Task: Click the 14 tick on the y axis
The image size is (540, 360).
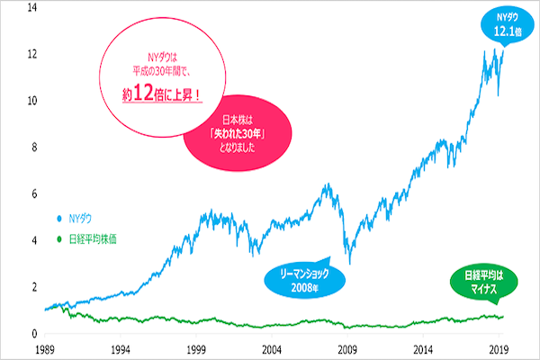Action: click(32, 7)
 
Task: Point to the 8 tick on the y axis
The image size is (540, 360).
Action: click(33, 148)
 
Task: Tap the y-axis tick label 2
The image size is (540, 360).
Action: click(33, 287)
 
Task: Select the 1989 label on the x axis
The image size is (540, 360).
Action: click(44, 346)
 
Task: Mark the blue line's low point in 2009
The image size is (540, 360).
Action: click(348, 263)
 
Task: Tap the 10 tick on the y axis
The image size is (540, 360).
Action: click(32, 101)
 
